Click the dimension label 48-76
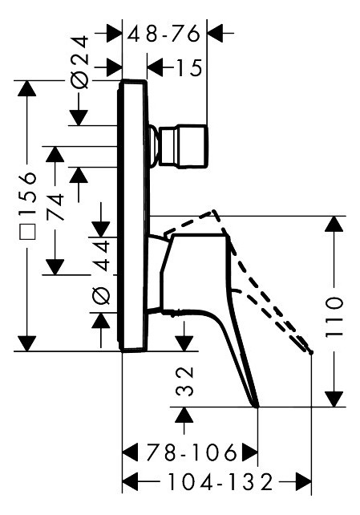[x=164, y=33]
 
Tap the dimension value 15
[x=189, y=68]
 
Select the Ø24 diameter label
[x=79, y=62]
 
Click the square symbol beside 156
[x=27, y=231]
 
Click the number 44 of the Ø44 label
[x=101, y=256]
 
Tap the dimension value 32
[x=184, y=381]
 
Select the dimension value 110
[x=334, y=317]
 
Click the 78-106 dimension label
[x=192, y=452]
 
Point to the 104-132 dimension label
[x=220, y=482]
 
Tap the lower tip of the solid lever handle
[x=257, y=407]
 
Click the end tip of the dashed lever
[x=311, y=352]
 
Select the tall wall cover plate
[x=133, y=216]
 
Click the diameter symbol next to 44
[x=101, y=295]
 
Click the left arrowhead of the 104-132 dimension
[x=130, y=482]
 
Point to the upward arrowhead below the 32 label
[x=184, y=415]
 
